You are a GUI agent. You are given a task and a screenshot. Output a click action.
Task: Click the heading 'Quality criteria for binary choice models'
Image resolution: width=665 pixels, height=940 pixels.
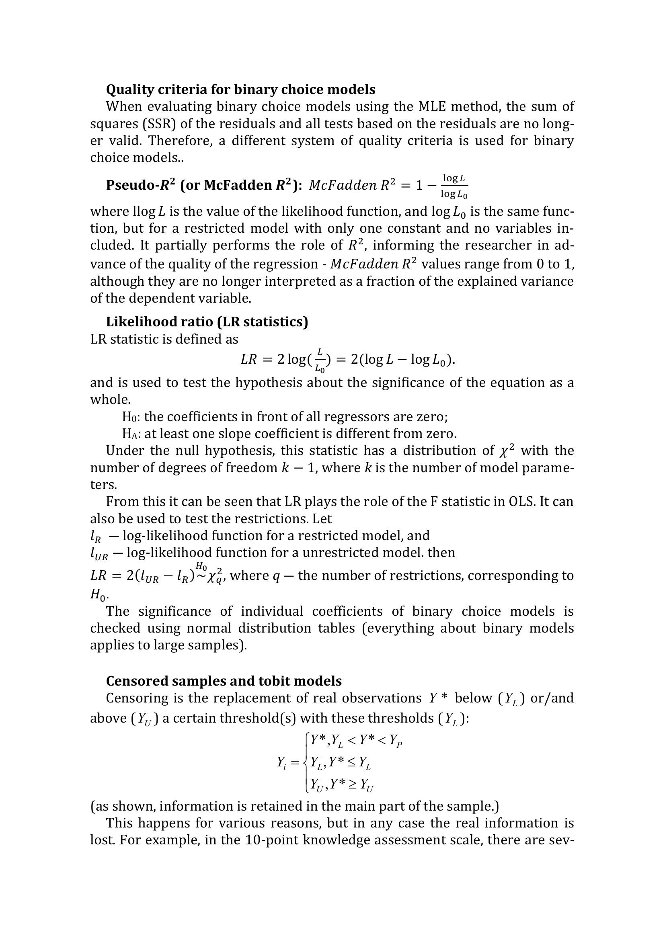[240, 89]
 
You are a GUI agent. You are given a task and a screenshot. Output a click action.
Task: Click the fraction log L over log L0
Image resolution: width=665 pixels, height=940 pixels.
[454, 186]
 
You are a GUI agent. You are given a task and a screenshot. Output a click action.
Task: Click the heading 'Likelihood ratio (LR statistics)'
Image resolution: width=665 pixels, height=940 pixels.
[207, 322]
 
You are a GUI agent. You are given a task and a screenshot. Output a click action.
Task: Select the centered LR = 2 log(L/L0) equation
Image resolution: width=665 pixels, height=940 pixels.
[348, 360]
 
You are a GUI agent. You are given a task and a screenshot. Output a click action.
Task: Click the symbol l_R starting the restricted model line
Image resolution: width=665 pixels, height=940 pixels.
[95, 536]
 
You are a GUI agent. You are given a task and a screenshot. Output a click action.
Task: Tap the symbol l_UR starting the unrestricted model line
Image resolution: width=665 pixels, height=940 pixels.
[99, 553]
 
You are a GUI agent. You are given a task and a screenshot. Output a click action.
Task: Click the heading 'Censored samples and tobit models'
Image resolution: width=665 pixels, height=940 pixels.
[224, 680]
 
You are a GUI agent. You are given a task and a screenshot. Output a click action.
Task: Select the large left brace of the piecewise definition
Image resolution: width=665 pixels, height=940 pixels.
[306, 763]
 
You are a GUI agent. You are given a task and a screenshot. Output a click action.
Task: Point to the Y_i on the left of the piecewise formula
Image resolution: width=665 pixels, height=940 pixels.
[282, 762]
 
